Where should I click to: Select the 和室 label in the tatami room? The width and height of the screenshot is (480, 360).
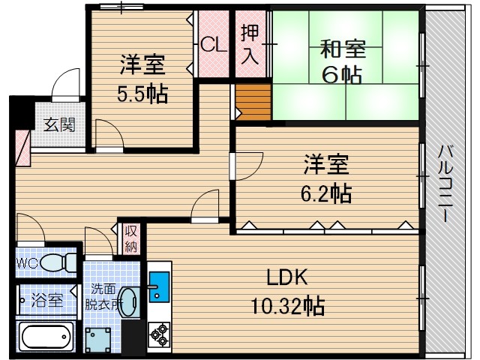pyautogui.click(x=343, y=50)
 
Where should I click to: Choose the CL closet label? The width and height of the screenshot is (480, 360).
pyautogui.click(x=213, y=44)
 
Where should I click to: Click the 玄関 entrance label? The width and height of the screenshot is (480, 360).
pyautogui.click(x=58, y=124)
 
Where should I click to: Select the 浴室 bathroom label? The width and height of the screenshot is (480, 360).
pyautogui.click(x=47, y=301)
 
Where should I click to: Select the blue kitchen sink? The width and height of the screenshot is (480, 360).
pyautogui.click(x=160, y=285)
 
